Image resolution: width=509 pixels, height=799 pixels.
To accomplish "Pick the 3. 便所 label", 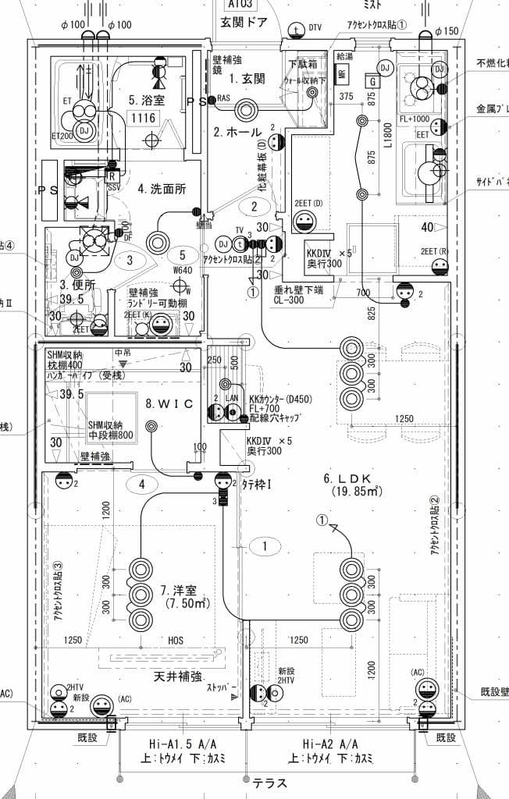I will pos(77,286).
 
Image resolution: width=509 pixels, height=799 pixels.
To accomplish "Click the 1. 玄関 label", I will pos(247,78).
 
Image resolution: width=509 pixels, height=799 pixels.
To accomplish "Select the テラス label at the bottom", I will pos(269,783).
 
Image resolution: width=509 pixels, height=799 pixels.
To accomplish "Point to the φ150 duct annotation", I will pos(446,30).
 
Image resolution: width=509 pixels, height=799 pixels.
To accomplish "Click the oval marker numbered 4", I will pos(142,484).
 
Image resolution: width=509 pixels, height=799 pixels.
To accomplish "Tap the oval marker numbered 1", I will pos(265,546).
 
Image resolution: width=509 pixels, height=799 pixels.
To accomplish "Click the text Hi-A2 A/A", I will pos(330,744).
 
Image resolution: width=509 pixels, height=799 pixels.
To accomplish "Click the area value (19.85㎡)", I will pos(356,492).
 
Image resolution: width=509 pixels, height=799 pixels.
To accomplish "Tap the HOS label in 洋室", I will pos(176,641).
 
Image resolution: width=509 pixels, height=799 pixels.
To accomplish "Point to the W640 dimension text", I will pos(182,271).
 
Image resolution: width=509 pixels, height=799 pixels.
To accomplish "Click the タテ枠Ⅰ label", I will pos(257,485).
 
